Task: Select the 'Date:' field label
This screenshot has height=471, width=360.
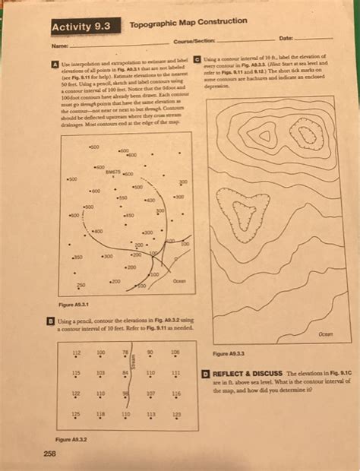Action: (286, 37)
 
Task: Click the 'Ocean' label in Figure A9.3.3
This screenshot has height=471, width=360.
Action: (326, 333)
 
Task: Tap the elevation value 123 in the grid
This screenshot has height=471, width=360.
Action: (177, 415)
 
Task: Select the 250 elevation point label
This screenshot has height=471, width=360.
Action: (81, 283)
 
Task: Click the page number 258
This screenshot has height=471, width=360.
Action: (52, 454)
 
